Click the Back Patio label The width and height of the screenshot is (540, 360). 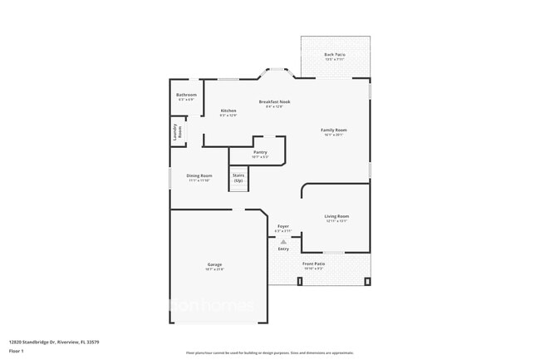[335, 55]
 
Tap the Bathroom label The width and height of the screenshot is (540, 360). [186, 95]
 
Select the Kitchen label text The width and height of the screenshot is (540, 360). [228, 111]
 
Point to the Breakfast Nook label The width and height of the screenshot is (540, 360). [274, 101]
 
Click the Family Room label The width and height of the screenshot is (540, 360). [334, 130]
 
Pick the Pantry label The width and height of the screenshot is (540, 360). [260, 152]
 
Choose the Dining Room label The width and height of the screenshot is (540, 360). [199, 175]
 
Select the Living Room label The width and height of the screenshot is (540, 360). [336, 216]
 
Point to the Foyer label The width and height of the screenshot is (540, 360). [283, 225]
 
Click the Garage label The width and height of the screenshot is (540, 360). [214, 264]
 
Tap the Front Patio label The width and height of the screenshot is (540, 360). [314, 264]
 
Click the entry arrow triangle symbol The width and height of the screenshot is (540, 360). [283, 242]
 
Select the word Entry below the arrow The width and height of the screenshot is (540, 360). [283, 249]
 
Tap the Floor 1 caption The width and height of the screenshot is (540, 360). [17, 351]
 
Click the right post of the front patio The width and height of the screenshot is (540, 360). [367, 282]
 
